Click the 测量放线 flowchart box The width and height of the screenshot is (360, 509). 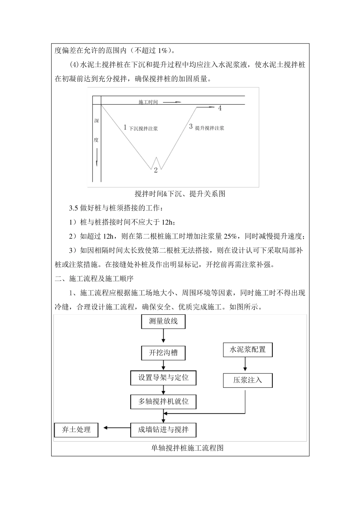[x=163, y=322]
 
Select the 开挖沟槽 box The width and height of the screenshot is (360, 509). [x=163, y=353]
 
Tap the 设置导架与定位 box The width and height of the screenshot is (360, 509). [x=163, y=378]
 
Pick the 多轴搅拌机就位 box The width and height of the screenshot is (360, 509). [x=163, y=401]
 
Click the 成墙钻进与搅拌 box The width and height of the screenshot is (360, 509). [x=163, y=429]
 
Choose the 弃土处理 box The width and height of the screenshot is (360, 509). [x=76, y=429]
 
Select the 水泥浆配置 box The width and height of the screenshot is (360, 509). [x=247, y=350]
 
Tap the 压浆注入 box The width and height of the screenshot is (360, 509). [x=247, y=380]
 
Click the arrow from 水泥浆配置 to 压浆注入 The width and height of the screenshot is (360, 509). [x=245, y=364]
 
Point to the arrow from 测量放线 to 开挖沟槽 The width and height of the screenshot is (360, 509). [x=163, y=336]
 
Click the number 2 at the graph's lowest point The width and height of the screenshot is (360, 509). [x=155, y=170]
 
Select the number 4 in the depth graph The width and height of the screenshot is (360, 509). [x=220, y=108]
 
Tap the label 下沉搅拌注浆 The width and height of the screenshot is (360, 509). [x=143, y=128]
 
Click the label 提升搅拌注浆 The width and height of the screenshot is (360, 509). [x=210, y=128]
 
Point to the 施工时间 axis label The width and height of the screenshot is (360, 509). [x=148, y=102]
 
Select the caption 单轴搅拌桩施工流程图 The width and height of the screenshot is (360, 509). [x=187, y=448]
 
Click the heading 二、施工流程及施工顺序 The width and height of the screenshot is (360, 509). [x=94, y=279]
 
